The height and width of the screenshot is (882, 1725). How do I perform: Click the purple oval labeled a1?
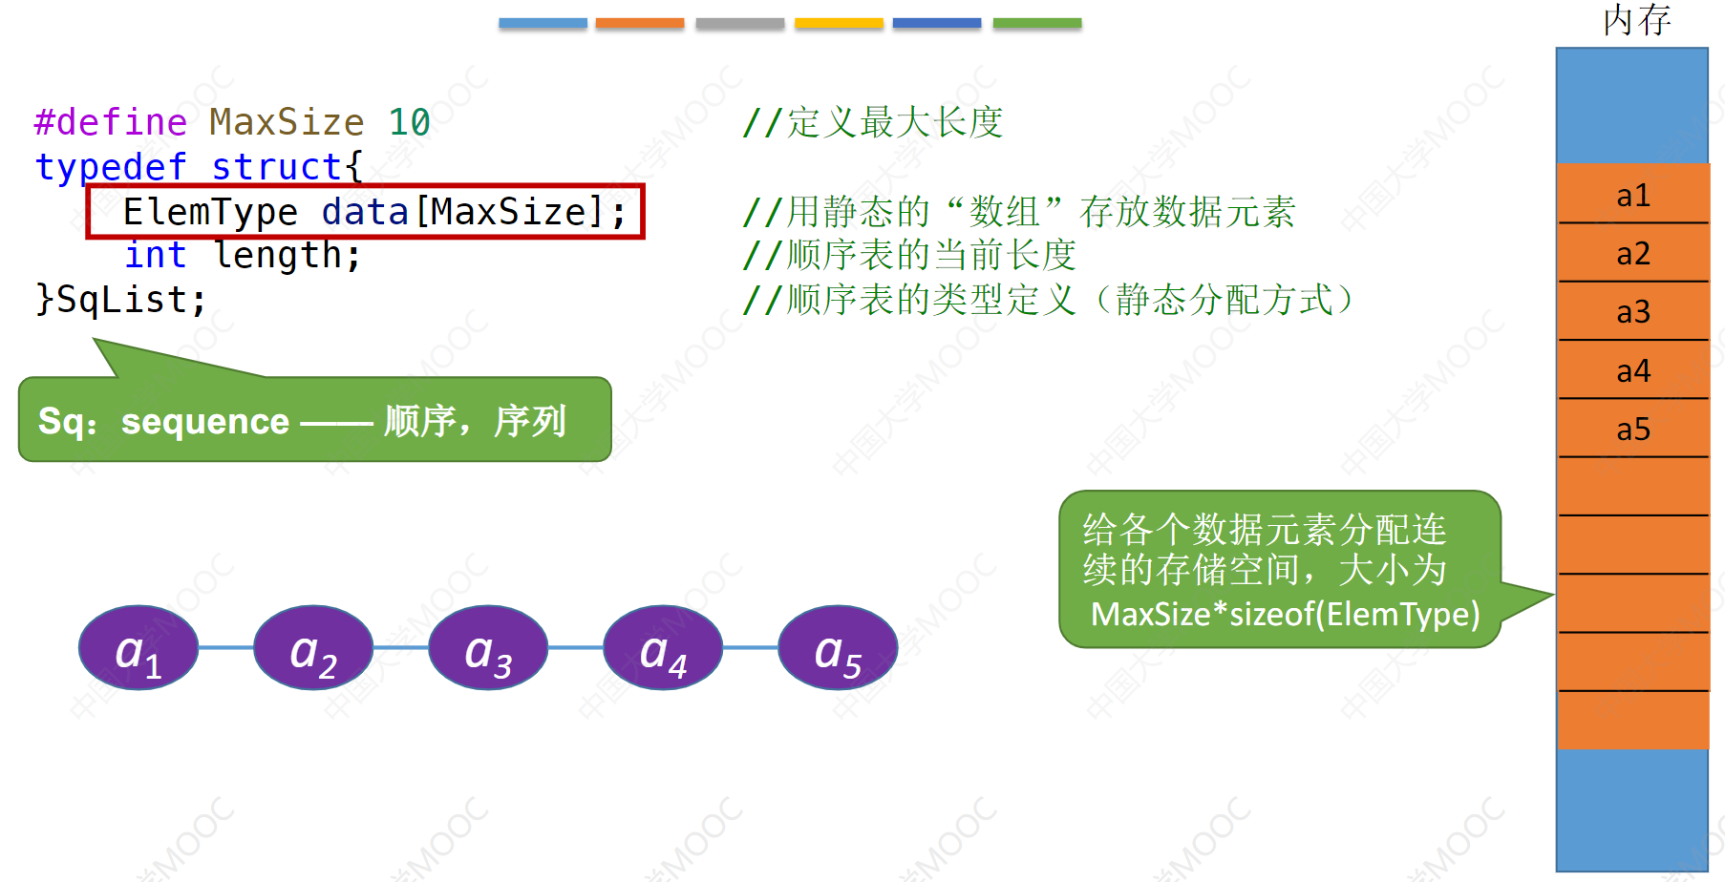tap(138, 647)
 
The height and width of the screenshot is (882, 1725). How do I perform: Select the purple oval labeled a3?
tap(488, 647)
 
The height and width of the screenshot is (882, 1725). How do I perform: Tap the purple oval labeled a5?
tap(838, 647)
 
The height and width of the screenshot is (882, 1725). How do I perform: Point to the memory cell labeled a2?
tap(1632, 254)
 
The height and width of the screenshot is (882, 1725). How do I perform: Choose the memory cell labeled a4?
tap(1632, 370)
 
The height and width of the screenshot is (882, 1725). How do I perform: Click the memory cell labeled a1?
tap(1632, 196)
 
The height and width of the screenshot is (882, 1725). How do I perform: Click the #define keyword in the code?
tap(111, 122)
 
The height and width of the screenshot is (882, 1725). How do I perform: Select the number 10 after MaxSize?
tap(409, 122)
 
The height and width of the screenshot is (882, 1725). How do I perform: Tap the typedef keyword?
tap(111, 167)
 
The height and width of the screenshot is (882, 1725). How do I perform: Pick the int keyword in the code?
tap(155, 255)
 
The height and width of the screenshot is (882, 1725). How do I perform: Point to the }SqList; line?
tap(120, 300)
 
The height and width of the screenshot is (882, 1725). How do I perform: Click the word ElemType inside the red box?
tap(210, 212)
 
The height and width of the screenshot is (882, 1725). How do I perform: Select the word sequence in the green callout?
tap(204, 421)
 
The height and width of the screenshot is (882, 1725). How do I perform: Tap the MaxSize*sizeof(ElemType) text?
tap(1285, 614)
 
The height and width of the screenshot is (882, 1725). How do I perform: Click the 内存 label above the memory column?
tap(1636, 20)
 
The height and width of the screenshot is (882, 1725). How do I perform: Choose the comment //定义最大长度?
tap(872, 122)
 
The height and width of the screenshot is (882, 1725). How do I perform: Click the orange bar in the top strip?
tap(640, 23)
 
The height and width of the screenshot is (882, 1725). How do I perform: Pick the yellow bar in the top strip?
tap(839, 23)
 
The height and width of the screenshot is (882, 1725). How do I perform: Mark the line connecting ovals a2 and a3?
tap(401, 647)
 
